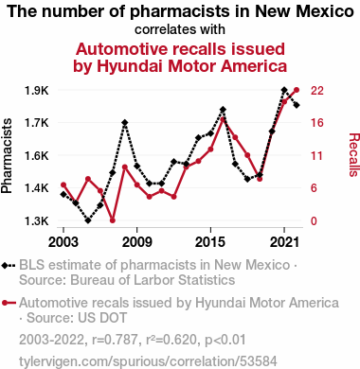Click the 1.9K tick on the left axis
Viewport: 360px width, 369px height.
point(37,91)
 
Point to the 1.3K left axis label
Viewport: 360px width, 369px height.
point(37,221)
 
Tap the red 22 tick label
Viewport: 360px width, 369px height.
point(317,91)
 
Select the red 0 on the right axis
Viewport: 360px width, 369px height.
point(314,221)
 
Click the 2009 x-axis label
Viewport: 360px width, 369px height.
point(136,242)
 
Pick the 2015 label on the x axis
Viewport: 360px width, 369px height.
point(210,242)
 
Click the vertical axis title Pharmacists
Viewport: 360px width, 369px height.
point(7,156)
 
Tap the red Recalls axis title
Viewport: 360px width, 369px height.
point(353,155)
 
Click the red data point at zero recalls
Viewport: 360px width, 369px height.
point(113,220)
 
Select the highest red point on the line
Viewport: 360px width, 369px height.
point(297,90)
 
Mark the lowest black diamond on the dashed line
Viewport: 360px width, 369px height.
point(88,220)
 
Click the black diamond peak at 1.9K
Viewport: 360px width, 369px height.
point(284,90)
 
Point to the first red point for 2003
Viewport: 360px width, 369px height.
point(63,184)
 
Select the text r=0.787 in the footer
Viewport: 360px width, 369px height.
point(115,340)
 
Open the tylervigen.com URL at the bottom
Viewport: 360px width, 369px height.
point(148,361)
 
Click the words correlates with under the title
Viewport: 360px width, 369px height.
point(180,29)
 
